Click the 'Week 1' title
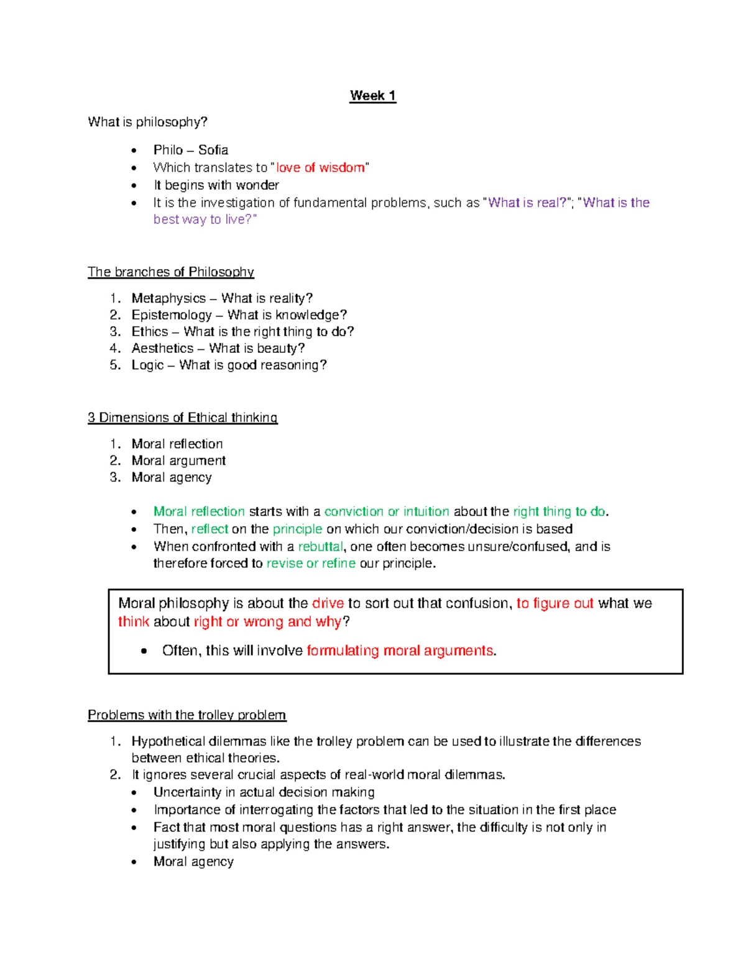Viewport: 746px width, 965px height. click(x=372, y=96)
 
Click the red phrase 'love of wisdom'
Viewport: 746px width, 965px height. click(x=320, y=168)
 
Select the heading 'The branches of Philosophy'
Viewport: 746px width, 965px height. click(x=170, y=272)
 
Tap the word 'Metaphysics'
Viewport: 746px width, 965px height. click(x=168, y=298)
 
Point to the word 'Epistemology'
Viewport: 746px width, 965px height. click(x=172, y=315)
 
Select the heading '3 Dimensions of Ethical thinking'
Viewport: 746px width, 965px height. click(x=182, y=418)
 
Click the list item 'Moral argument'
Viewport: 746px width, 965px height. click(x=178, y=460)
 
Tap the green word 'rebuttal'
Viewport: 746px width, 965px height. click(x=320, y=547)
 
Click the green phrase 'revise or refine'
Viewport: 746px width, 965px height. click(x=311, y=564)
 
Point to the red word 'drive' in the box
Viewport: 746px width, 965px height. click(x=328, y=603)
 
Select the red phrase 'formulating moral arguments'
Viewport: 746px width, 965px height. click(x=400, y=651)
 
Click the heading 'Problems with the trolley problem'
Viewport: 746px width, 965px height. click(x=186, y=715)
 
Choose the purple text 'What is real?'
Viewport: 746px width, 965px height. click(x=527, y=203)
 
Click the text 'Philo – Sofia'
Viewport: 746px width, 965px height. click(x=191, y=150)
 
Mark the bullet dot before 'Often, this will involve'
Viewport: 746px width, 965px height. click(x=144, y=651)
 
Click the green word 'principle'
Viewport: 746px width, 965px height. click(x=297, y=529)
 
